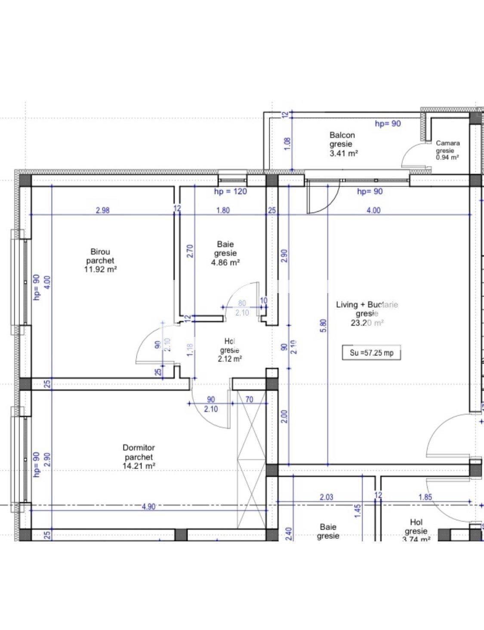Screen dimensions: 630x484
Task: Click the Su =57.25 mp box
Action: pyautogui.click(x=371, y=353)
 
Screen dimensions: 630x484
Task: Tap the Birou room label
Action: pyautogui.click(x=100, y=252)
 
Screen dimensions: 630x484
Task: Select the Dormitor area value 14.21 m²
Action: pyautogui.click(x=139, y=466)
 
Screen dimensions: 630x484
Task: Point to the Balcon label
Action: pyautogui.click(x=342, y=135)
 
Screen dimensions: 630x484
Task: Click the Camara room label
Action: pyautogui.click(x=447, y=143)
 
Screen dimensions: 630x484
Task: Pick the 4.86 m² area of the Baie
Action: pyautogui.click(x=225, y=262)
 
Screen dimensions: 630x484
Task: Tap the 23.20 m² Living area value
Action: pyautogui.click(x=367, y=323)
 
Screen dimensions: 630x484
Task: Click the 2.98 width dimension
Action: pyautogui.click(x=103, y=210)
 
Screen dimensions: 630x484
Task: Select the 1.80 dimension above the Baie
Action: pyautogui.click(x=223, y=210)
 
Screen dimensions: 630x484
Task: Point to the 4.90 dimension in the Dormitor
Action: pyautogui.click(x=148, y=506)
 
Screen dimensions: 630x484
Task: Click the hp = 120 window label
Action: pyautogui.click(x=231, y=191)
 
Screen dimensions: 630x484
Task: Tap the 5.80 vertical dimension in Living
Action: pyautogui.click(x=324, y=325)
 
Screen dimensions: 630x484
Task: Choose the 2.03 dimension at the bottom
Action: pyautogui.click(x=327, y=497)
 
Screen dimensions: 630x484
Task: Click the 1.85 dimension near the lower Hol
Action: pyautogui.click(x=425, y=497)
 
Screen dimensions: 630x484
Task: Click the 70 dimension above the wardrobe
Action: pyautogui.click(x=249, y=400)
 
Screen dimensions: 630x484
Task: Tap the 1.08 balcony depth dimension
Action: pyautogui.click(x=287, y=143)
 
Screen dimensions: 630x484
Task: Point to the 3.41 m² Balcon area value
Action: pyautogui.click(x=344, y=153)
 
